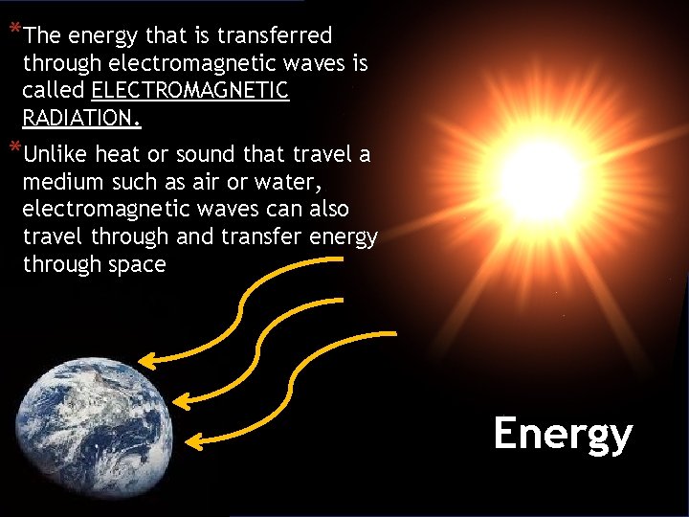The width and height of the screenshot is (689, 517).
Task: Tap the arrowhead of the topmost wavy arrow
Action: (145, 360)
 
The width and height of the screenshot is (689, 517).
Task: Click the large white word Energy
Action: (563, 434)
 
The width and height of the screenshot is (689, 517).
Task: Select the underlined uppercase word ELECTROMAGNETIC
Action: (190, 92)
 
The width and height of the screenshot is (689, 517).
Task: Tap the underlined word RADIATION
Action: (81, 120)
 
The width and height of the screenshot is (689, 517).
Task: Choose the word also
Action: (326, 209)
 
